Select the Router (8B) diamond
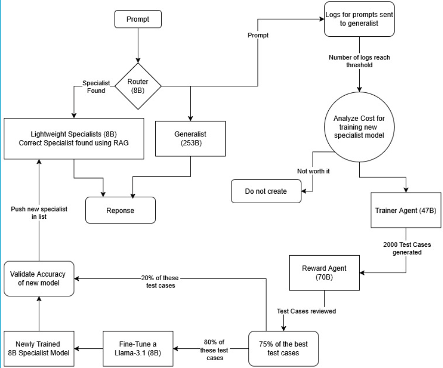137,87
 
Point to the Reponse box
120,210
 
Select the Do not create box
266,191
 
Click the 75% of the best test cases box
283,348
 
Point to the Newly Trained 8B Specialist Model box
39,348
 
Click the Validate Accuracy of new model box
39,278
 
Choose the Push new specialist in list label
39,212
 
